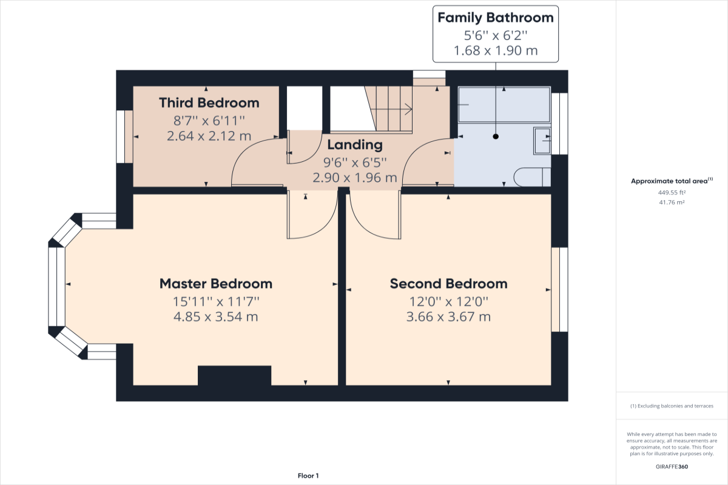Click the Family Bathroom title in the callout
[x=496, y=18]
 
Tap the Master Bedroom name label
[x=215, y=284]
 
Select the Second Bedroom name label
[x=448, y=284]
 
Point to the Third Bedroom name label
[x=209, y=103]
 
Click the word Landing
[x=355, y=145]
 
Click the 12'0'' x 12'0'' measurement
[x=448, y=301]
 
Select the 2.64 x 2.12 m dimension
[x=209, y=136]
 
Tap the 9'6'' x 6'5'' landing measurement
[x=355, y=162]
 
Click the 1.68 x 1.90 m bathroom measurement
[x=496, y=51]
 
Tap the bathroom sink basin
[x=542, y=140]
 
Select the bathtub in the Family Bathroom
[x=504, y=105]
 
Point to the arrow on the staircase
[x=408, y=109]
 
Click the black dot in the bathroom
[x=496, y=136]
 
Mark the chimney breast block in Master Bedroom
[x=234, y=375]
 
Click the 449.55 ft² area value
[x=671, y=192]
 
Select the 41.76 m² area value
[x=671, y=202]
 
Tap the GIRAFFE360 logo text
[x=671, y=467]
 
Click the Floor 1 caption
[x=308, y=476]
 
